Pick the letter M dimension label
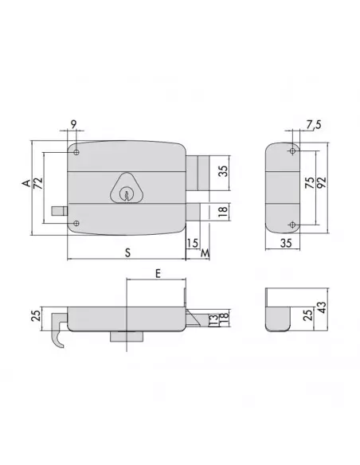[205, 253]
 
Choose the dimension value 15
[191, 243]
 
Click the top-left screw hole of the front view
[76, 152]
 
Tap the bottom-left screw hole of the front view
[76, 223]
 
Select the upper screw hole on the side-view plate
[293, 151]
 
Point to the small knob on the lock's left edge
[59, 212]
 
